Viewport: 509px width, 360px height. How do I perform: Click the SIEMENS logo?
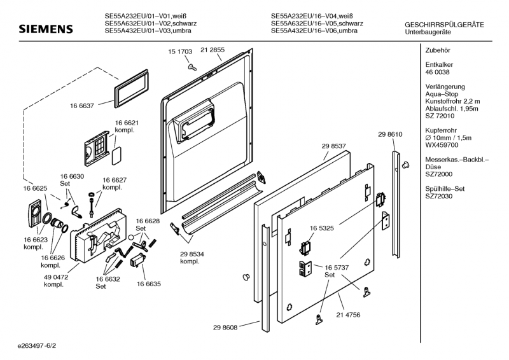[45, 30]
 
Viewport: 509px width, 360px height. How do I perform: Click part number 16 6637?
[82, 106]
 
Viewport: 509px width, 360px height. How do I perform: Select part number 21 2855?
[213, 50]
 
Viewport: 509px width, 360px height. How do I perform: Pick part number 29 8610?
[390, 135]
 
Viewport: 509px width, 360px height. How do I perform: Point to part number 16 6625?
[36, 188]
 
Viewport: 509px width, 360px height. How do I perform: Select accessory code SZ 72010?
[439, 116]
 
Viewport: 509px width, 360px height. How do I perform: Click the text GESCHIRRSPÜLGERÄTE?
[444, 25]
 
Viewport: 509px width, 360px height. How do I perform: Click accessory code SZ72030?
[438, 197]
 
